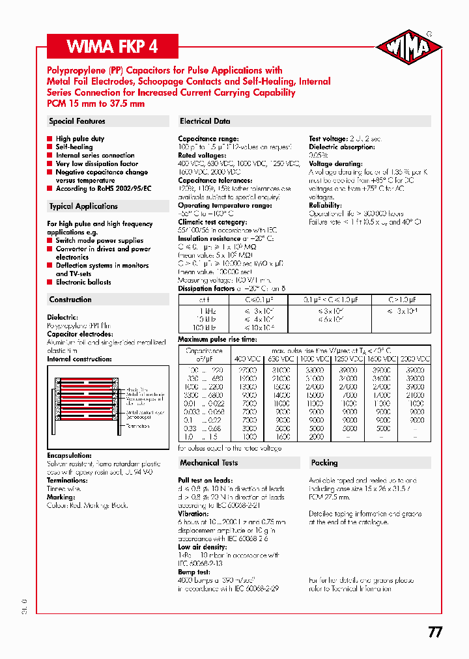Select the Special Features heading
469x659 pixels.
(77, 121)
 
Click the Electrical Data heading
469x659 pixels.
(205, 121)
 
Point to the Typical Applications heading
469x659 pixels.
(83, 206)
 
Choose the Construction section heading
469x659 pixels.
(70, 300)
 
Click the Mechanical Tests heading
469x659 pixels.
(208, 463)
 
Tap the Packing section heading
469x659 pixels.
(324, 463)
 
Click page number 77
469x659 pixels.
(435, 632)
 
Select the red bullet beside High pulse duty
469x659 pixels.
(50, 139)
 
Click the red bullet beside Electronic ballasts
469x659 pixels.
(50, 283)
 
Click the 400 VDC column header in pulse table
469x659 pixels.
(246, 359)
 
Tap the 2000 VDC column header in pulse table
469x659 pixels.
(414, 359)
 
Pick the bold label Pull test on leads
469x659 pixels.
(205, 481)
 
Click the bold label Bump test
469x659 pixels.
(194, 572)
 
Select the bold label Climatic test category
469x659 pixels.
(212, 222)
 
